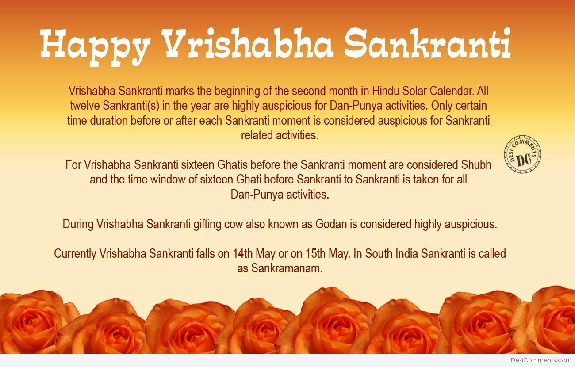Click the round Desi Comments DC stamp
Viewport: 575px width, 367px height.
pyautogui.click(x=522, y=154)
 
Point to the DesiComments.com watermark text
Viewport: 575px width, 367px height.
pyautogui.click(x=541, y=360)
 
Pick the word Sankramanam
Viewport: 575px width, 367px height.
pyautogui.click(x=287, y=268)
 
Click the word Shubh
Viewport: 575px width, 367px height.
pyautogui.click(x=476, y=165)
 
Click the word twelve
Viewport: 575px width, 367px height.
pyautogui.click(x=85, y=106)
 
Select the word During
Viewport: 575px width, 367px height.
pyautogui.click(x=78, y=225)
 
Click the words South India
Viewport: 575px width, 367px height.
pyautogui.click(x=392, y=253)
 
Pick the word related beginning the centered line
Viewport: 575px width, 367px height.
pyautogui.click(x=257, y=135)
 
